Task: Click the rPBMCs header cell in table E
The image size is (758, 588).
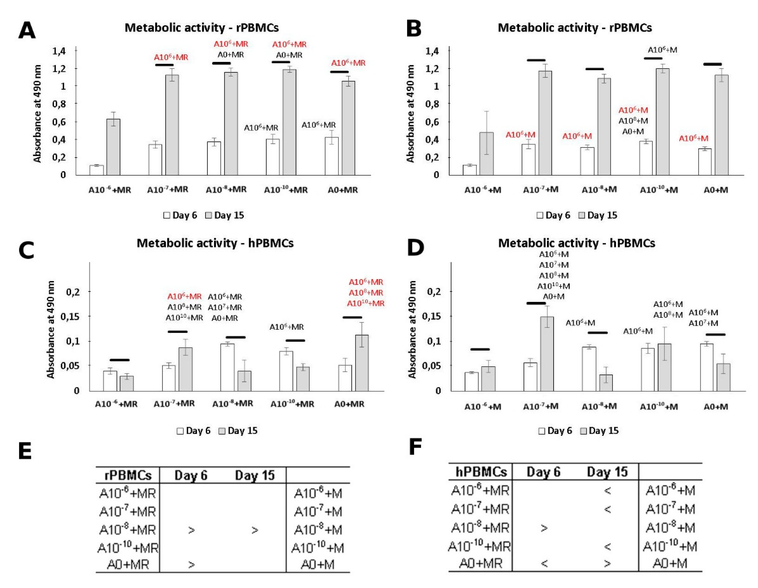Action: pos(128,475)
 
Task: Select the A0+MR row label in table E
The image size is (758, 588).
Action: pos(128,564)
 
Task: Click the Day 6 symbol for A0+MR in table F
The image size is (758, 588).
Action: pos(544,563)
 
